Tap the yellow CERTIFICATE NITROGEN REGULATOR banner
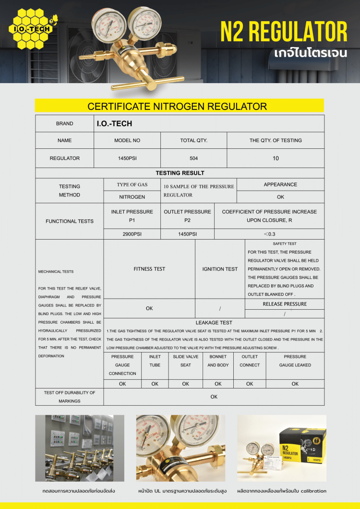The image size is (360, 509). click(x=177, y=106)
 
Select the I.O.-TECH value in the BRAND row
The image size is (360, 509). click(x=114, y=123)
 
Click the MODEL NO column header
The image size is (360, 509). click(x=127, y=140)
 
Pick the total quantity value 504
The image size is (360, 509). click(x=193, y=158)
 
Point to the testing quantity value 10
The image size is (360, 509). click(x=276, y=158)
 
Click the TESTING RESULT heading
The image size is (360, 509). click(x=180, y=173)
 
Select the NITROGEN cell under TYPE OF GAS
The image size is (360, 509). click(x=132, y=197)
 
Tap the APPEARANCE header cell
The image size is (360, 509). click(x=280, y=184)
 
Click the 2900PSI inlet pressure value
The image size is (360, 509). click(x=132, y=234)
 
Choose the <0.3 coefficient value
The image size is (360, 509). click(x=269, y=234)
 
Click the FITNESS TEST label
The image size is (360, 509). click(x=149, y=269)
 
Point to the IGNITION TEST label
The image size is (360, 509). click(x=220, y=269)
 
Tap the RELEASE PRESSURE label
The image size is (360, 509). click(x=285, y=304)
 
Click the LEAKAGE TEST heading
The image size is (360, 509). click(x=214, y=323)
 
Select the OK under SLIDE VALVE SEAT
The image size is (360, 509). click(x=185, y=384)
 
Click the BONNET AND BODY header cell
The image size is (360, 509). click(x=218, y=361)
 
